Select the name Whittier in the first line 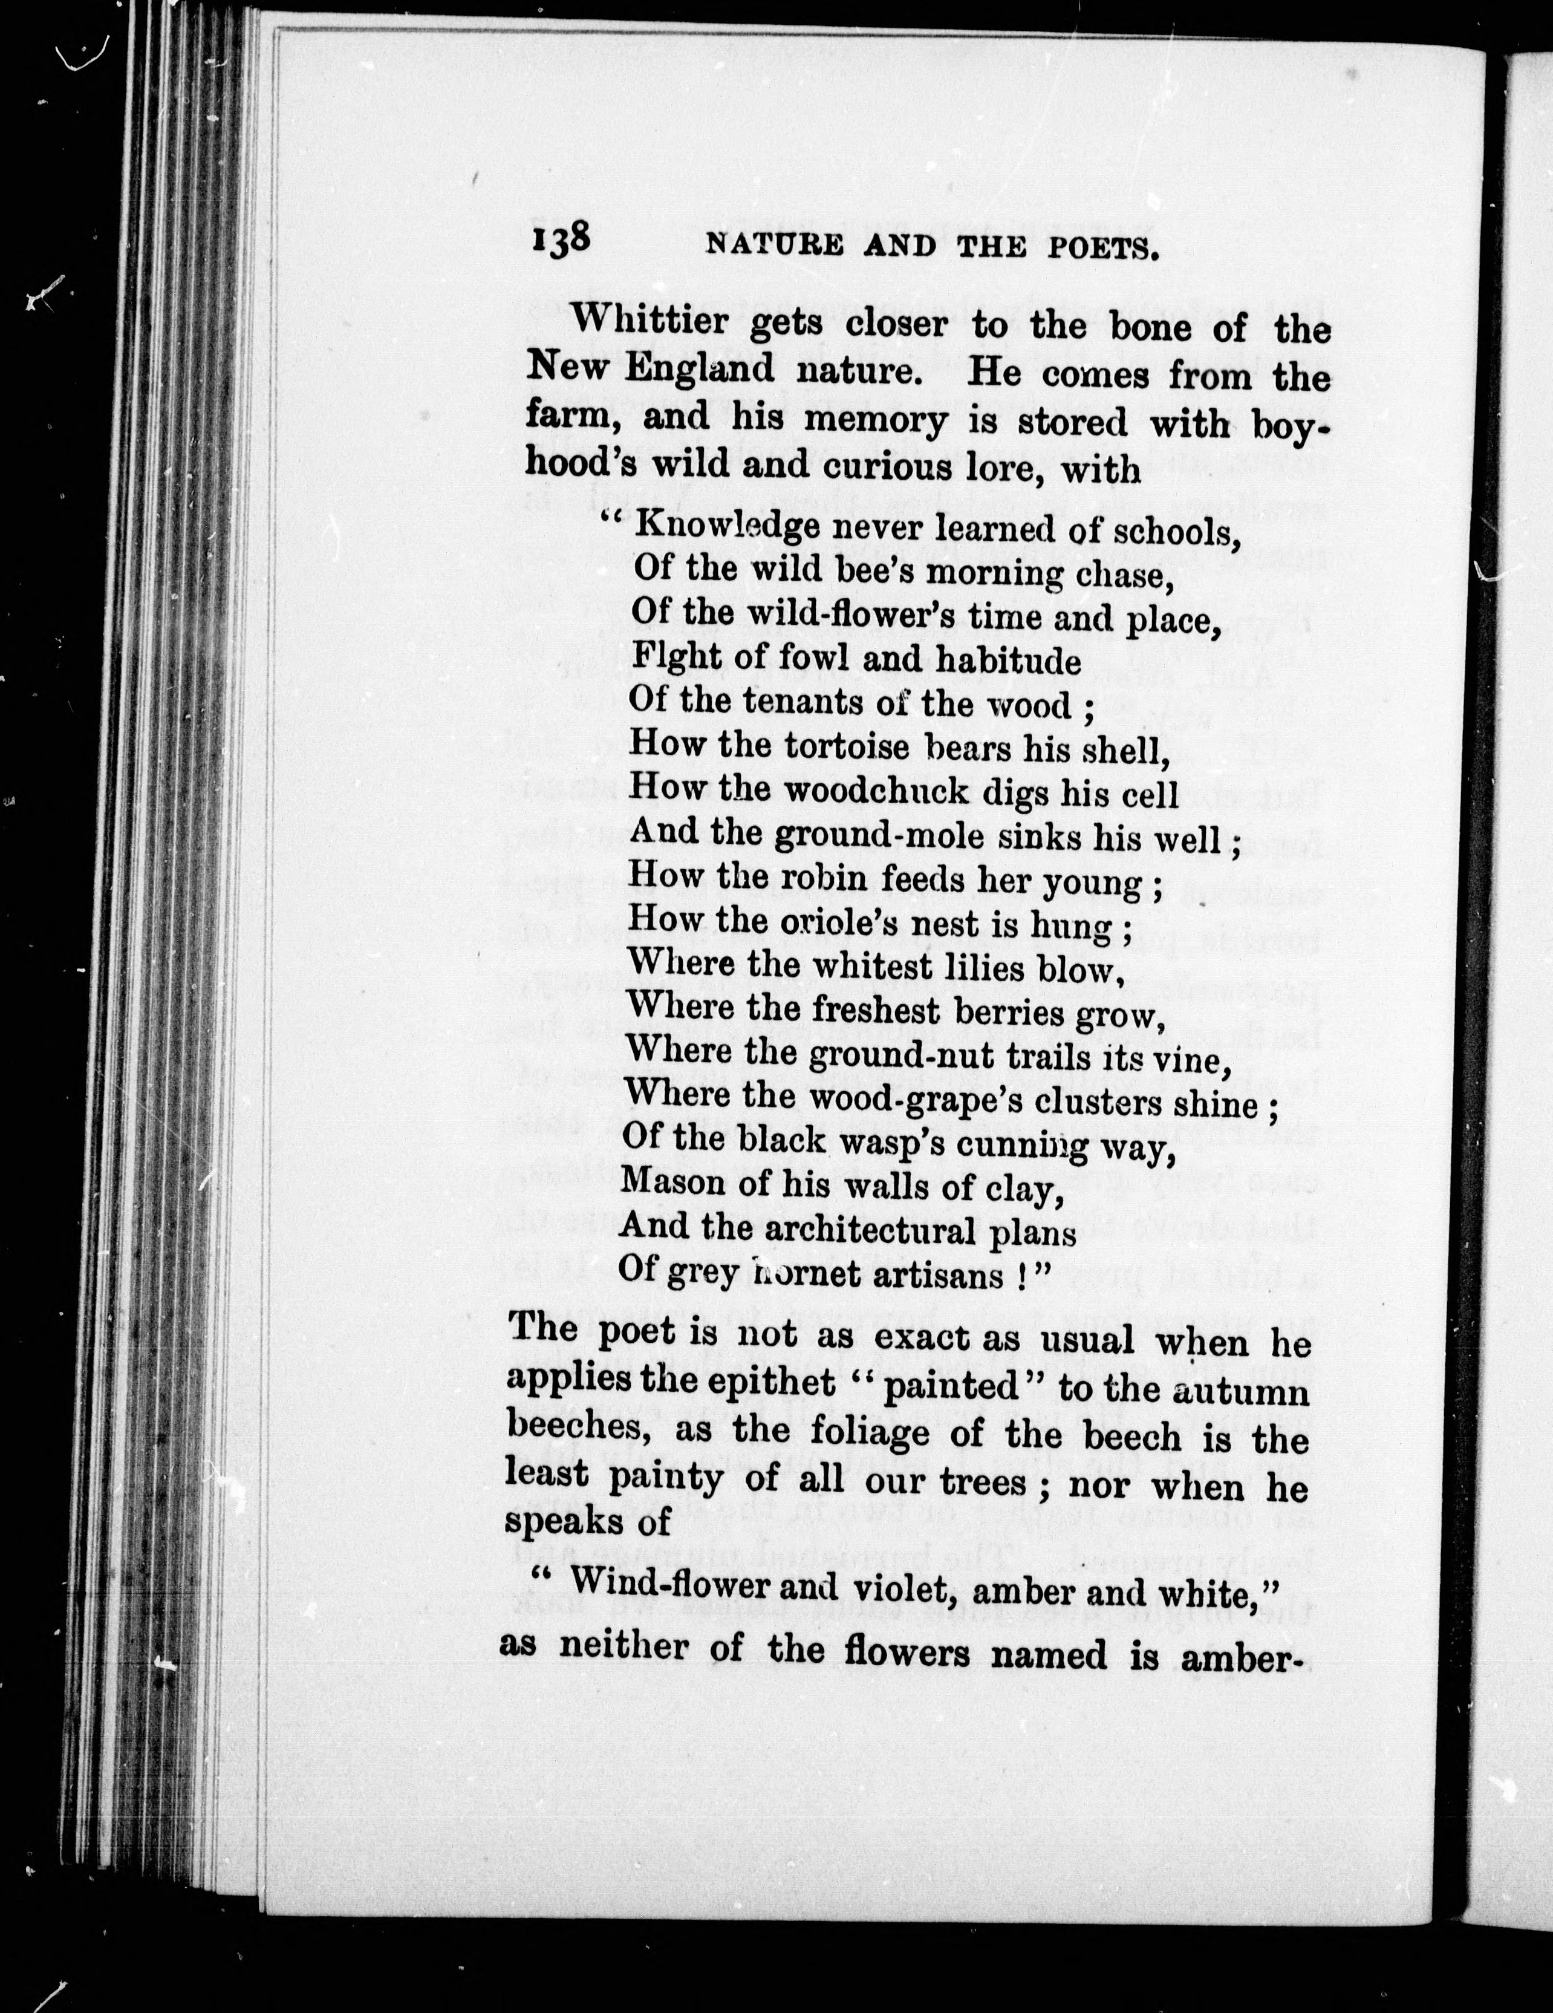point(656,322)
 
